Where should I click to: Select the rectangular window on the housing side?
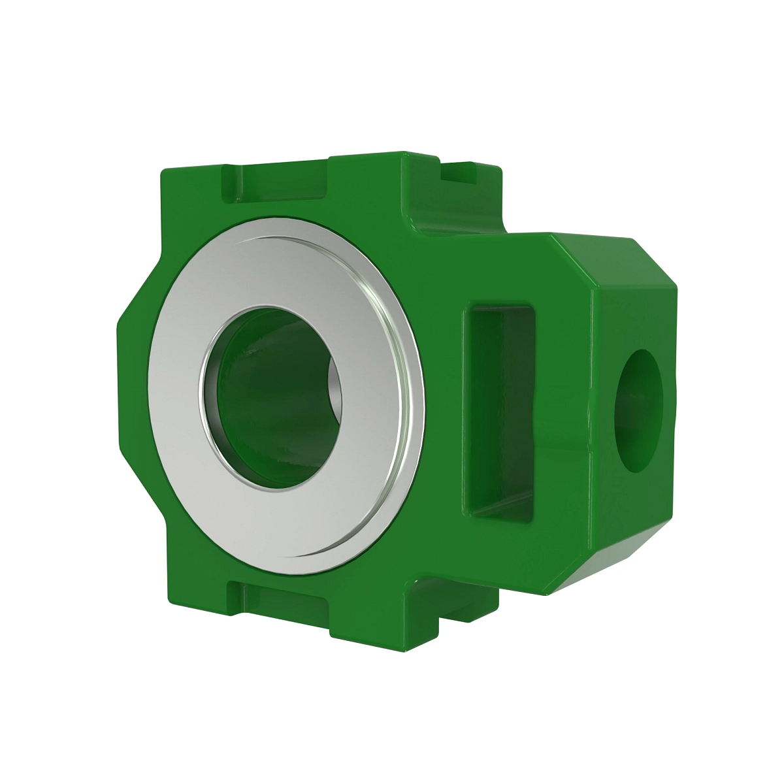tap(500, 412)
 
